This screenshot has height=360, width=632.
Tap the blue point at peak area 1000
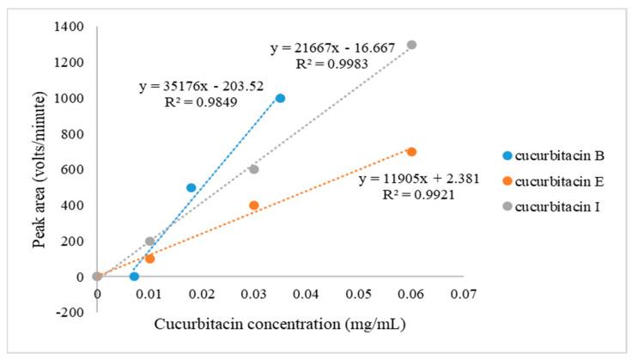[280, 98]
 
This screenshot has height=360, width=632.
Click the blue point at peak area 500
[191, 187]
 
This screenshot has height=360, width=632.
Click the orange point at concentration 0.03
[254, 205]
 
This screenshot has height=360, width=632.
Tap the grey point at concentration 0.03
[254, 169]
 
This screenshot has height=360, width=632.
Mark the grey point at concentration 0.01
[149, 241]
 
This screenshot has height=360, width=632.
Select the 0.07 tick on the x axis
[463, 295]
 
